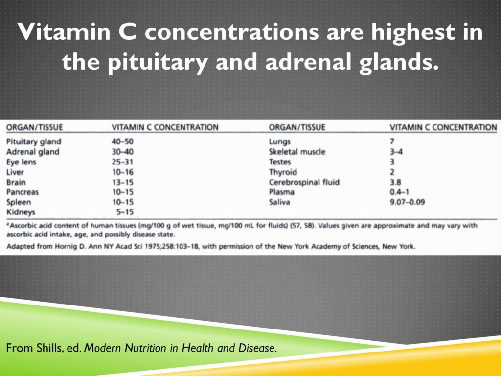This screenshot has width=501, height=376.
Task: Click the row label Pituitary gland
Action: click(x=33, y=141)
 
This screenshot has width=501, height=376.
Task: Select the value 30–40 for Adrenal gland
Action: click(x=122, y=152)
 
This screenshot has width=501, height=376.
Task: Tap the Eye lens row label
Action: click(x=21, y=162)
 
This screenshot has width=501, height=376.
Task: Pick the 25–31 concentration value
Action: click(x=122, y=162)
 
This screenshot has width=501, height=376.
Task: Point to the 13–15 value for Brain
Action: click(x=122, y=182)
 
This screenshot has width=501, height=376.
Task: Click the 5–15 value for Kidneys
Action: click(x=126, y=212)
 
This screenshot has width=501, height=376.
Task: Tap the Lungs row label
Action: click(x=280, y=141)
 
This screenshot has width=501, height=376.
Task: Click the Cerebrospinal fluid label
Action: click(x=304, y=182)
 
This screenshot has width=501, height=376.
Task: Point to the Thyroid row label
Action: click(x=283, y=172)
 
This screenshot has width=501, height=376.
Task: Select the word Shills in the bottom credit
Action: click(x=41, y=349)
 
